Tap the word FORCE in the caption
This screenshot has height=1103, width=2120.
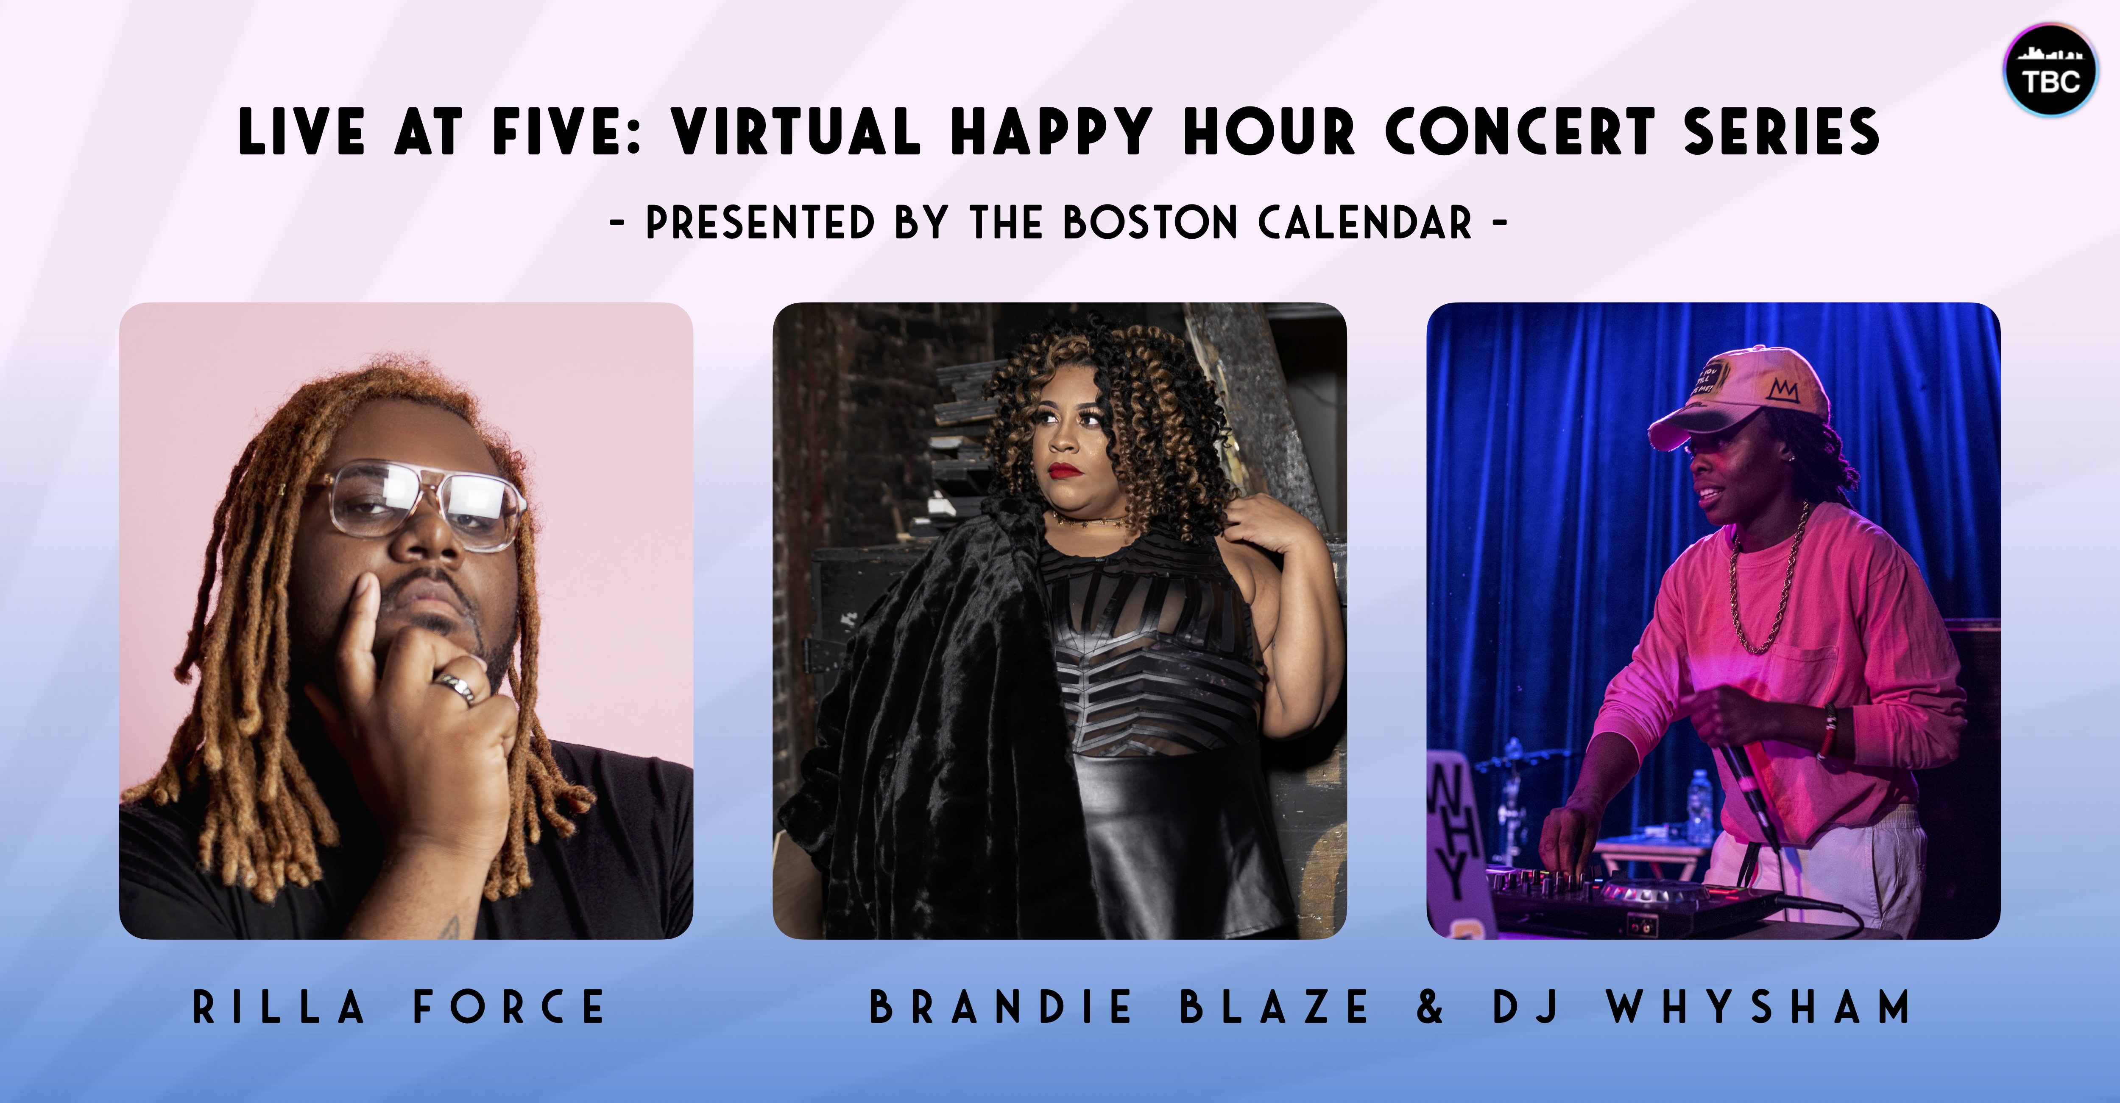[x=509, y=1007]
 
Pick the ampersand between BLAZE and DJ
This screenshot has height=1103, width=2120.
[x=1430, y=1007]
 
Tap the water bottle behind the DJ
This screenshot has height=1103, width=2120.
[x=1699, y=806]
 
